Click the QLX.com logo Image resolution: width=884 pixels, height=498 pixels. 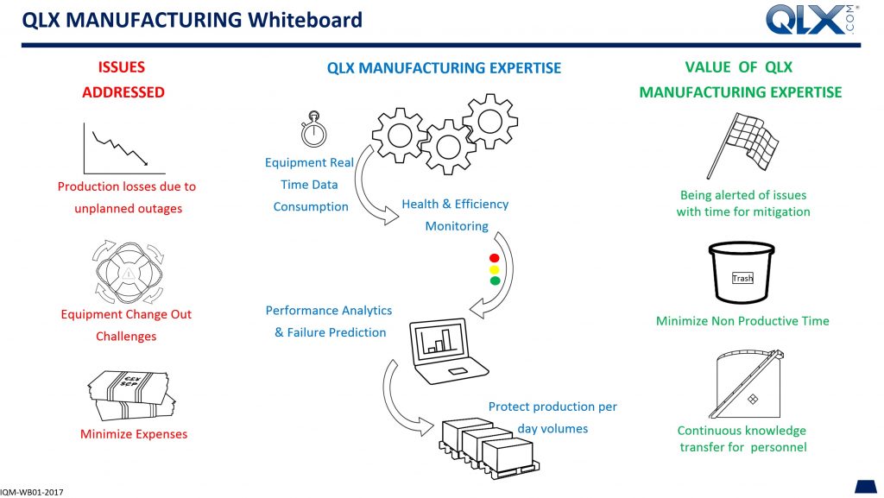point(811,20)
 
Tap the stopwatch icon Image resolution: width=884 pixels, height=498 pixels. point(313,129)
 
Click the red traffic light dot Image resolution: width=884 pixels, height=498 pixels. point(495,258)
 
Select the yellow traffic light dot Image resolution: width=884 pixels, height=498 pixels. point(495,269)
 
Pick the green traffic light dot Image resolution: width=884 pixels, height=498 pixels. point(495,281)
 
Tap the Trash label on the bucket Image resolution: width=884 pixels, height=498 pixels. point(742,278)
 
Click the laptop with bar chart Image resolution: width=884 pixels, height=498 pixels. point(448,351)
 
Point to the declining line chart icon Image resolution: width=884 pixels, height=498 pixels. point(124,148)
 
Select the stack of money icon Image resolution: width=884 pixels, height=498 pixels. point(132,395)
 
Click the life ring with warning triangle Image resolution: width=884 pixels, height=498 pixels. point(129,273)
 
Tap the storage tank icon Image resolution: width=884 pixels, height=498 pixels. point(748,383)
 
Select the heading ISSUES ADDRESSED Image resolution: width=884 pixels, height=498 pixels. point(123,79)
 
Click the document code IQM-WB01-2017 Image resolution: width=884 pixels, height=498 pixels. point(32,492)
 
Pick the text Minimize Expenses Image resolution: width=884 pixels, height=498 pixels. point(134,434)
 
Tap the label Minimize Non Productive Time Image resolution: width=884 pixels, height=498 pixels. point(742,321)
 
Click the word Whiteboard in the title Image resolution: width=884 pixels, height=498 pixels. point(306,20)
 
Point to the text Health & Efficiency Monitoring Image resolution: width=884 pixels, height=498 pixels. point(455,215)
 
